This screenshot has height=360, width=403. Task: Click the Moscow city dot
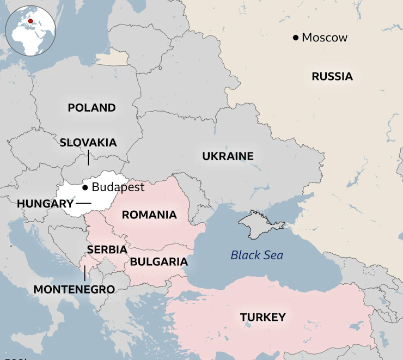[296, 38]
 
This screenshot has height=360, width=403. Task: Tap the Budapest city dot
[85, 187]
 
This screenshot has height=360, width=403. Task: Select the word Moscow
[325, 38]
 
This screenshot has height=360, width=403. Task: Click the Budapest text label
[118, 187]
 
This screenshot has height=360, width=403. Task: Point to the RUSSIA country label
[332, 77]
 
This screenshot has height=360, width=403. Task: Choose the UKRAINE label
[228, 156]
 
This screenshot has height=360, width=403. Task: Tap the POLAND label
[91, 108]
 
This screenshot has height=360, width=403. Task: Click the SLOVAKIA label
[88, 143]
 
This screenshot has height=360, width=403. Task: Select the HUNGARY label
[45, 204]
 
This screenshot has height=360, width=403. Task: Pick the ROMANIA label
[149, 215]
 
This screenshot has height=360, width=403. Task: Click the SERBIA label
[107, 249]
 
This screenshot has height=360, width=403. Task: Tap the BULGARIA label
[158, 262]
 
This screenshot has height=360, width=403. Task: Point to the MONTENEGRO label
[74, 289]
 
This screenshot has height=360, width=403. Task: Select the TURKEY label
[262, 317]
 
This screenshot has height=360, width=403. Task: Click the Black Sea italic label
[257, 255]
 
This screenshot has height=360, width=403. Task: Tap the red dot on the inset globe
[31, 22]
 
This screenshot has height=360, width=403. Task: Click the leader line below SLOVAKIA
[88, 158]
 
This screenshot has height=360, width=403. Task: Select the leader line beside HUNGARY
[83, 203]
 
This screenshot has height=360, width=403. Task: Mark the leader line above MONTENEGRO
[84, 273]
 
